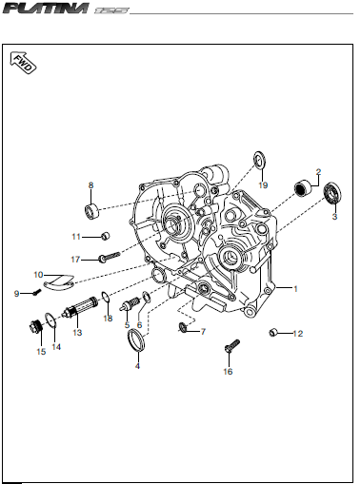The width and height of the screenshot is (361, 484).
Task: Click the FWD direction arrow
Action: click(23, 63)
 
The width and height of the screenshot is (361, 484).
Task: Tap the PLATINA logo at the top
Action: click(46, 9)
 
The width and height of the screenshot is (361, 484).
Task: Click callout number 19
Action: click(263, 185)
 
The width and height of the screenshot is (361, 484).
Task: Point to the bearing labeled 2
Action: click(303, 188)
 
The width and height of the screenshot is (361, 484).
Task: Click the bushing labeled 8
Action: click(91, 211)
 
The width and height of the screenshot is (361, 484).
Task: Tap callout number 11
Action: click(76, 237)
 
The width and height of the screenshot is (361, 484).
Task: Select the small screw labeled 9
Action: click(37, 292)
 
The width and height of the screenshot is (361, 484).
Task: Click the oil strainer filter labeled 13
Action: click(80, 306)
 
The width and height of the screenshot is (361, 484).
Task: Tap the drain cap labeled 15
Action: click(35, 326)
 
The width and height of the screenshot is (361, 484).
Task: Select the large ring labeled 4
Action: click(136, 340)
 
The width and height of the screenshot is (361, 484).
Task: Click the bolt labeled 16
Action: click(232, 346)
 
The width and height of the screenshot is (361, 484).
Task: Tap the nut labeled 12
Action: click(273, 333)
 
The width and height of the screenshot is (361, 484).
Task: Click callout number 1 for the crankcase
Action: click(295, 289)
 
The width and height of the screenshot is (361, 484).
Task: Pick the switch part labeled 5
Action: click(130, 305)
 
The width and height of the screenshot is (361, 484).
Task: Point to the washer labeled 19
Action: click(259, 160)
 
